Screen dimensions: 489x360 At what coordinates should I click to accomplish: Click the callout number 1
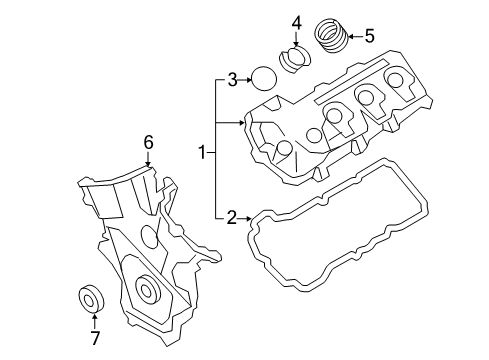tap(202, 153)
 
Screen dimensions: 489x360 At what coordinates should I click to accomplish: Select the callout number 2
tap(232, 218)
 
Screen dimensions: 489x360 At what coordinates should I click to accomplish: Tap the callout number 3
tap(232, 80)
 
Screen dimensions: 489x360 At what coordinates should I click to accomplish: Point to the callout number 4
tap(296, 23)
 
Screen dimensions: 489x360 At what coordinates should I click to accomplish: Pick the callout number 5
tap(369, 36)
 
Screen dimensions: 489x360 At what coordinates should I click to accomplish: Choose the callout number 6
tap(148, 142)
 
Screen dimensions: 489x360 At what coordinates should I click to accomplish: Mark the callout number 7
tap(95, 338)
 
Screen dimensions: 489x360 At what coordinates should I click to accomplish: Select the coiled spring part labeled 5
tap(331, 36)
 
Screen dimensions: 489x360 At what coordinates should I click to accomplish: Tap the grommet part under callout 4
tap(294, 59)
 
